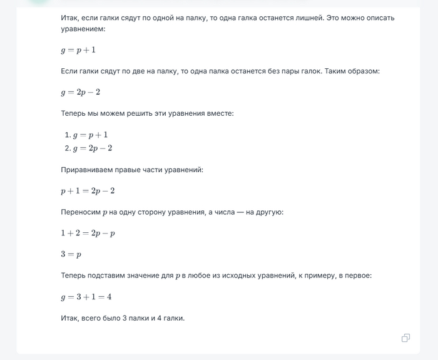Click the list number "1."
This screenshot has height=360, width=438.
(x=68, y=135)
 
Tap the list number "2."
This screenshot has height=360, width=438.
(x=68, y=148)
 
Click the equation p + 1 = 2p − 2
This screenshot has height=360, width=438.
(x=88, y=190)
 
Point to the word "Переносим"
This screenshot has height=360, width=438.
(x=80, y=212)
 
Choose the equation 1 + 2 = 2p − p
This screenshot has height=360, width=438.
(x=88, y=233)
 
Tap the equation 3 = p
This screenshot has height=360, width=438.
(x=71, y=254)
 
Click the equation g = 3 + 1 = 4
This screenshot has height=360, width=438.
(x=86, y=297)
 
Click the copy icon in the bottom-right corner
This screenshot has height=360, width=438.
(x=405, y=338)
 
